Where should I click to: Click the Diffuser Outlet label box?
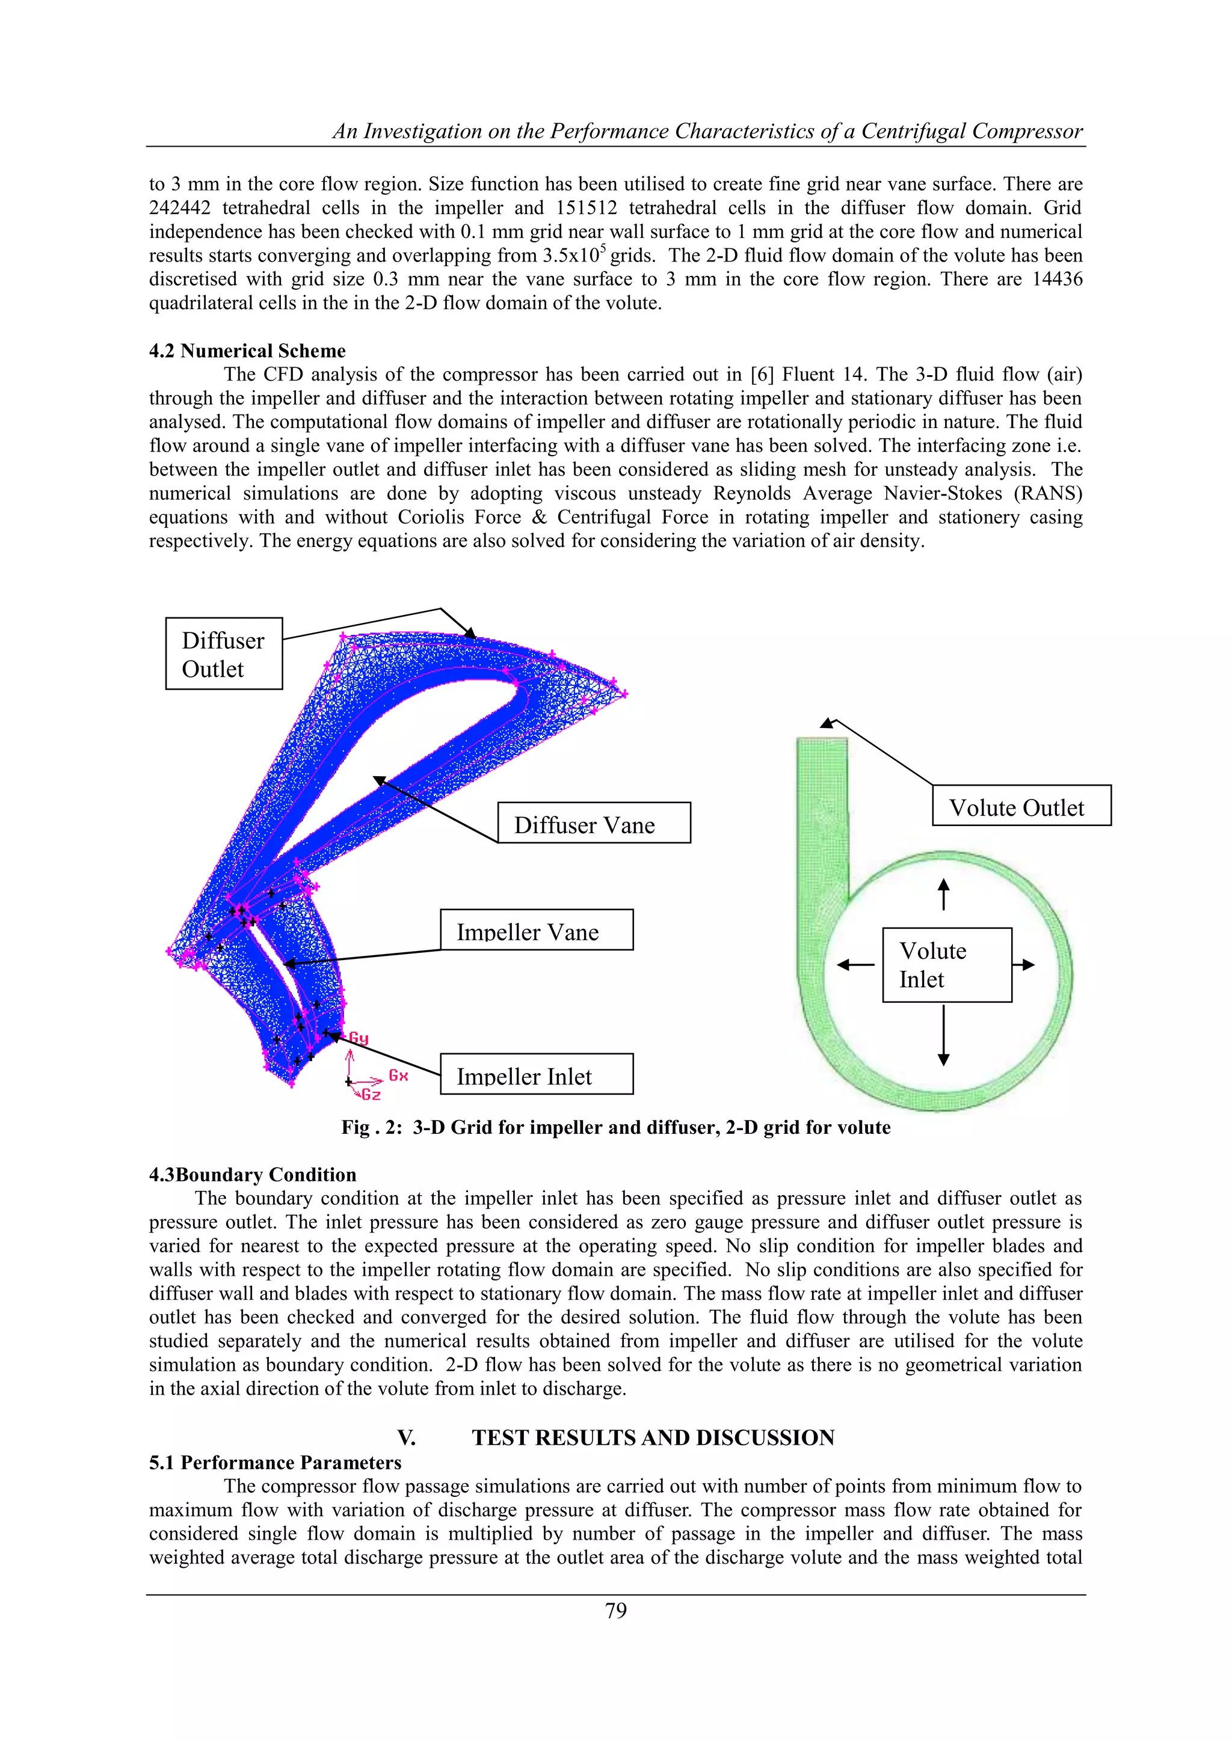click(224, 653)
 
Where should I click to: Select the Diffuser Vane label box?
click(594, 823)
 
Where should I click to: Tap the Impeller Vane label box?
click(537, 929)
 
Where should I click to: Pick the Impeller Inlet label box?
click(537, 1074)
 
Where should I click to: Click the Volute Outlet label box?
click(1021, 806)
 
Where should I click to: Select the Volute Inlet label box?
click(947, 964)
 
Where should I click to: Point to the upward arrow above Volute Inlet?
click(944, 894)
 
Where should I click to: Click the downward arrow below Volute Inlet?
click(944, 1036)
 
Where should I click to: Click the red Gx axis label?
click(398, 1076)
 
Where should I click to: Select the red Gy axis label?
click(358, 1038)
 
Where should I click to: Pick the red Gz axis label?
click(371, 1094)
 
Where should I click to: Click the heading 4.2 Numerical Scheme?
click(247, 351)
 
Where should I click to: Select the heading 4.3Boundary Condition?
click(253, 1175)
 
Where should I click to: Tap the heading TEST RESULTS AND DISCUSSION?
click(653, 1437)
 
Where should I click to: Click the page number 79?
click(616, 1611)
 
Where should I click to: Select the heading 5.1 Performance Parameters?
click(276, 1462)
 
